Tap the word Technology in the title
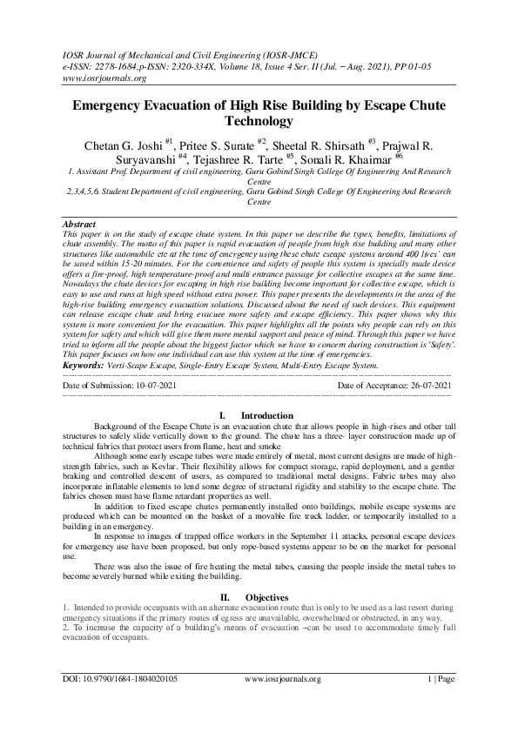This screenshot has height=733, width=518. coord(259,122)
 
